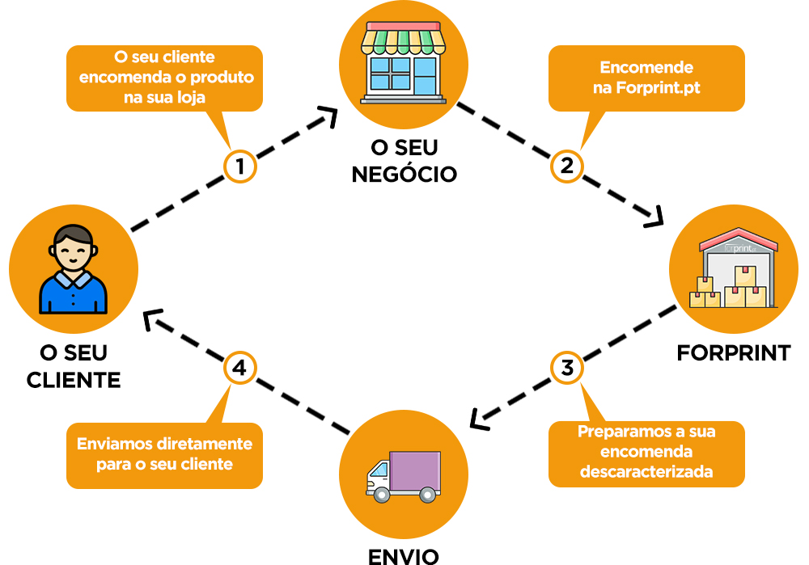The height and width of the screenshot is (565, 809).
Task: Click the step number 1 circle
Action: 240,167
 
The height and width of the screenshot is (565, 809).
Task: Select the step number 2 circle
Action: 567,167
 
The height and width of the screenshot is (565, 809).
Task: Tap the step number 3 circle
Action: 567,369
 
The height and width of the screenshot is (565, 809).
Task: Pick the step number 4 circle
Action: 239,369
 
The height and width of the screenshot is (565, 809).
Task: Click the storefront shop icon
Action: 404,63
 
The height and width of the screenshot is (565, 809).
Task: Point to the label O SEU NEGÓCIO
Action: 404,161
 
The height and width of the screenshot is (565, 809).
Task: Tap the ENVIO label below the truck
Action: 404,555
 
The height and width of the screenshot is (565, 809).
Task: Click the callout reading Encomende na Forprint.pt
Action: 646,78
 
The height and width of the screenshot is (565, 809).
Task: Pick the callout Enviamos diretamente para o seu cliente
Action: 164,454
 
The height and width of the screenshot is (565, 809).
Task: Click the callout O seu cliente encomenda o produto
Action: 164,78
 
